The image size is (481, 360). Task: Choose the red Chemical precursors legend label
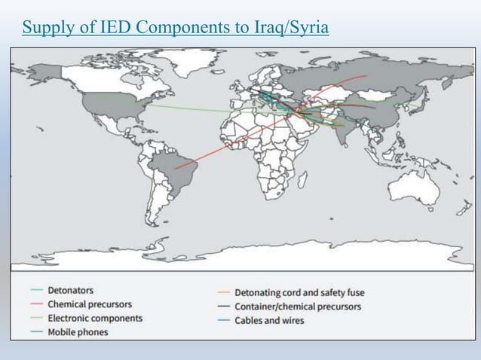[x=90, y=304]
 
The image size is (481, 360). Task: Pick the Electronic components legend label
[x=95, y=318]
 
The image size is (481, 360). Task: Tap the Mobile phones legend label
[x=78, y=331]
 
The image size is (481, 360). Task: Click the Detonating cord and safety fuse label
[x=300, y=292]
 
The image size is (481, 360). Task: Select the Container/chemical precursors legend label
[x=298, y=307]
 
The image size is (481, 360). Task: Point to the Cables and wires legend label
[x=269, y=321]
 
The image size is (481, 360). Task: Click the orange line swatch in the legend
[x=222, y=292]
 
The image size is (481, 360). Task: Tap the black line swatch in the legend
[x=222, y=307]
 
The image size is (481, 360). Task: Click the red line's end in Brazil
[x=175, y=169]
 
